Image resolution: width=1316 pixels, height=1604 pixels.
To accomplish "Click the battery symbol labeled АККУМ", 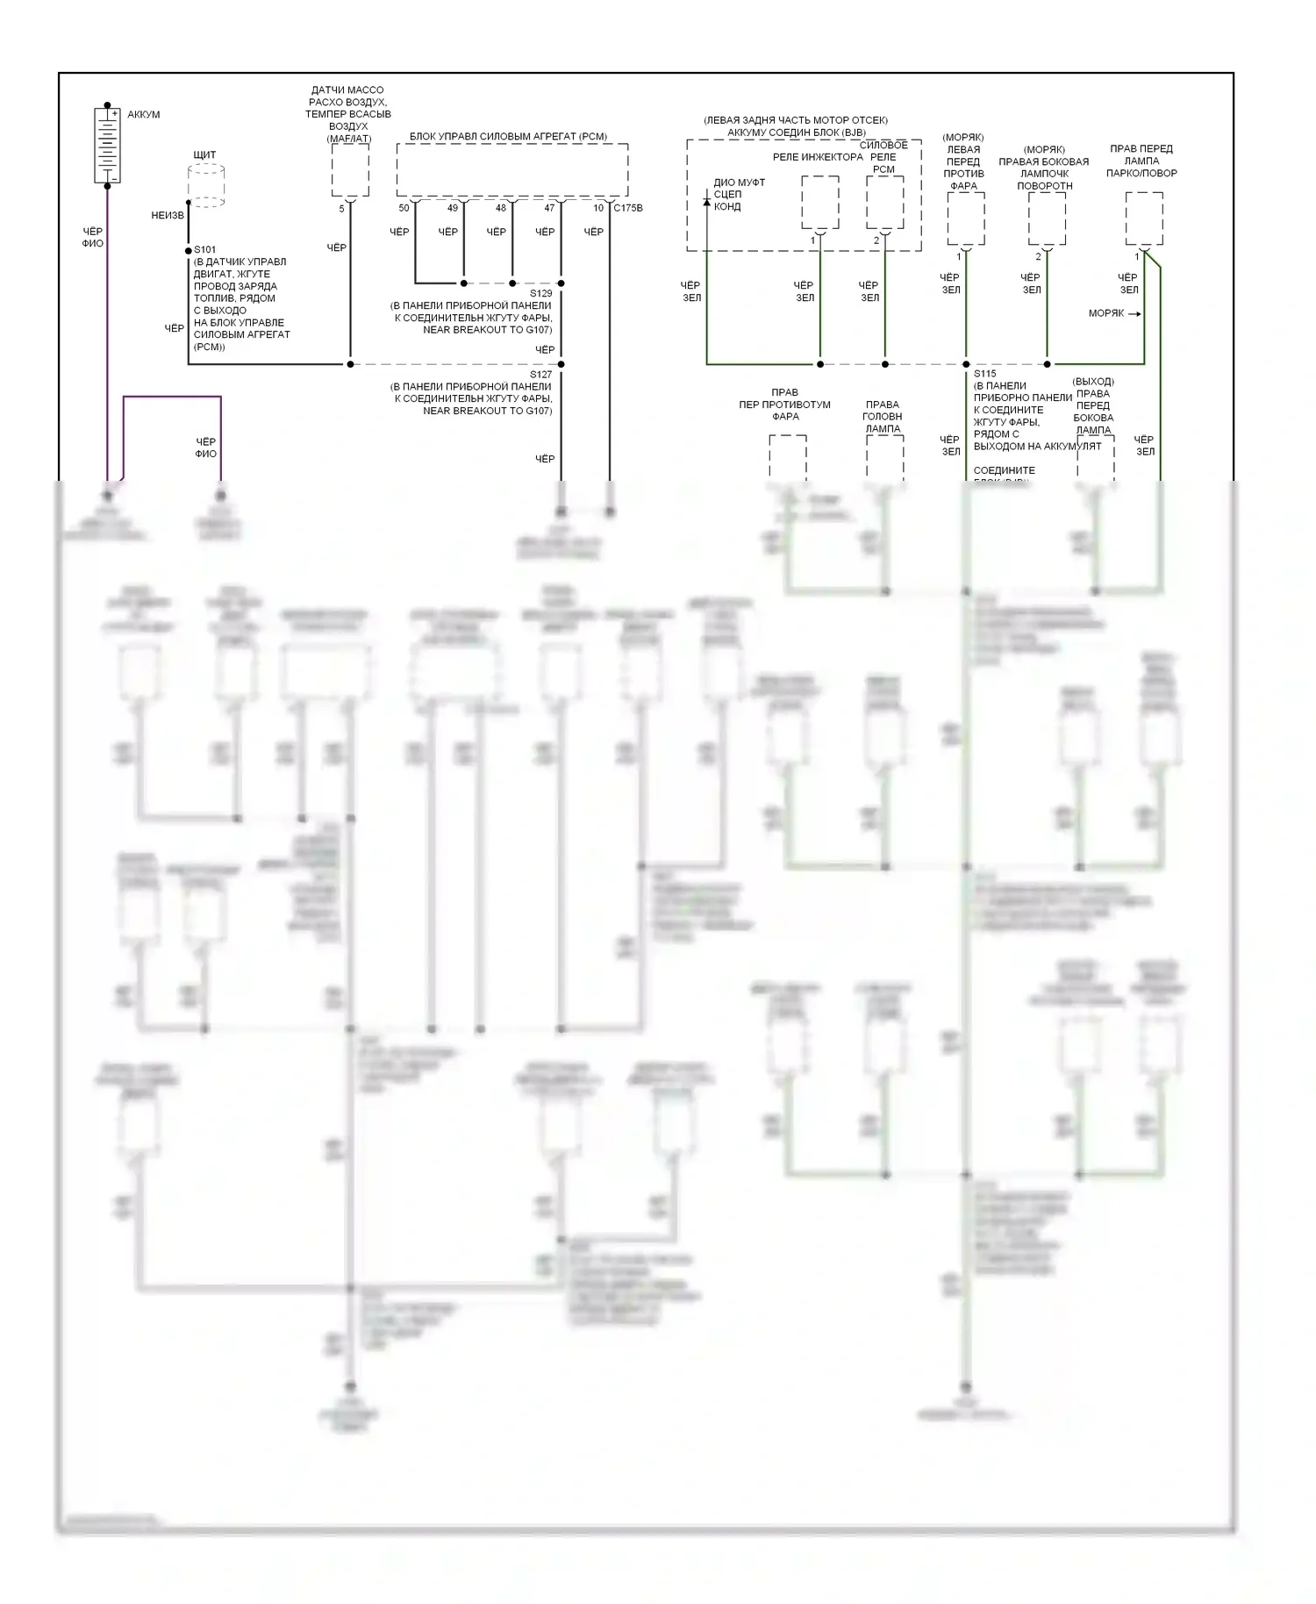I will (107, 145).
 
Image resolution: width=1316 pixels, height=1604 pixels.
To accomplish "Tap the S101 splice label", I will (204, 250).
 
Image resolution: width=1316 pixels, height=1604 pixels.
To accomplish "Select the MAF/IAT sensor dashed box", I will (350, 170).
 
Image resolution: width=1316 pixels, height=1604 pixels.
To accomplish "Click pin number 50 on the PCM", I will (404, 209).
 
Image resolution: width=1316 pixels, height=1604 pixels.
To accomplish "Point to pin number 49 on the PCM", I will (453, 209).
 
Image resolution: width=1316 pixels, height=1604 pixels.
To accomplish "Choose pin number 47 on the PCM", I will (549, 209).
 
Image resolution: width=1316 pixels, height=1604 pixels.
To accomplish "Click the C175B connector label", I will (628, 209).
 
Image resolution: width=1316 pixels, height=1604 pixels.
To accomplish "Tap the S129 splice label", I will (541, 294).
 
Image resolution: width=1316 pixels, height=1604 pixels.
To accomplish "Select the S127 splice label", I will (541, 375).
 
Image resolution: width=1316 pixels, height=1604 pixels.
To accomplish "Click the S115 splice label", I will (984, 374).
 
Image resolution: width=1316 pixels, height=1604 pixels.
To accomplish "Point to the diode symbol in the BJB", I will (707, 203).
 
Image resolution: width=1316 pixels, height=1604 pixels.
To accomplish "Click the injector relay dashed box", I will (820, 202).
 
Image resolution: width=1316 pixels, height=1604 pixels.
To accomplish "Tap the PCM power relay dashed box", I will (884, 202).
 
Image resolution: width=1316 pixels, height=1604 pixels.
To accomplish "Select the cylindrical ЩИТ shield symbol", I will (206, 185).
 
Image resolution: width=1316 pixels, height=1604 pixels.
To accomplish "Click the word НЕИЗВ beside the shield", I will (168, 216).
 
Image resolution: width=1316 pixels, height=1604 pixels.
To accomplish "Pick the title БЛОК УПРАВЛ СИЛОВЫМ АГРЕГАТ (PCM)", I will (508, 137).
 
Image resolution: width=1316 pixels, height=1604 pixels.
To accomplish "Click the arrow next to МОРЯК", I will (1134, 314).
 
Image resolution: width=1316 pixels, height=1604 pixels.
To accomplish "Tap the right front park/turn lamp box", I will (1144, 218).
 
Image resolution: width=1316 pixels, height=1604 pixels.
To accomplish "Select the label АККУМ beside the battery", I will (144, 115).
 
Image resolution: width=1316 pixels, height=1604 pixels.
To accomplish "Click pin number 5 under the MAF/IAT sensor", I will (342, 209).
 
